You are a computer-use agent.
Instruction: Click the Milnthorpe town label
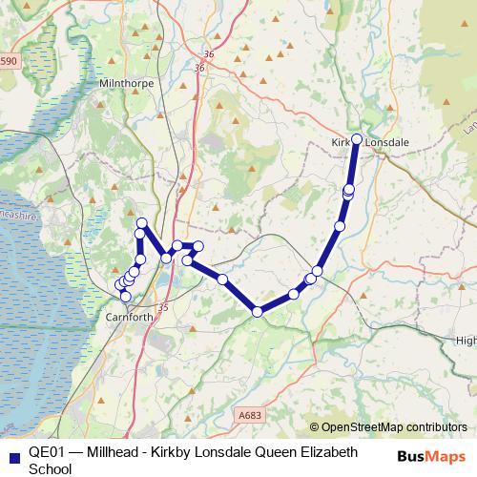pyautogui.click(x=124, y=85)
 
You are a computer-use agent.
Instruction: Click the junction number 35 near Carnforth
pyautogui.click(x=162, y=307)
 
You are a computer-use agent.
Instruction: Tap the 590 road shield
pyautogui.click(x=9, y=62)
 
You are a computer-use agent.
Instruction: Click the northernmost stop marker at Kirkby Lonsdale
pyautogui.click(x=357, y=139)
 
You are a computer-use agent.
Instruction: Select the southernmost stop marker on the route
pyautogui.click(x=257, y=311)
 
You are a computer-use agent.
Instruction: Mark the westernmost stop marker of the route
pyautogui.click(x=120, y=284)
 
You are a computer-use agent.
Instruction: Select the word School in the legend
pyautogui.click(x=51, y=468)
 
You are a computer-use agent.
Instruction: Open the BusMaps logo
pyautogui.click(x=432, y=456)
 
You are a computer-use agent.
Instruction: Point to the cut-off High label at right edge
pyautogui.click(x=466, y=341)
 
